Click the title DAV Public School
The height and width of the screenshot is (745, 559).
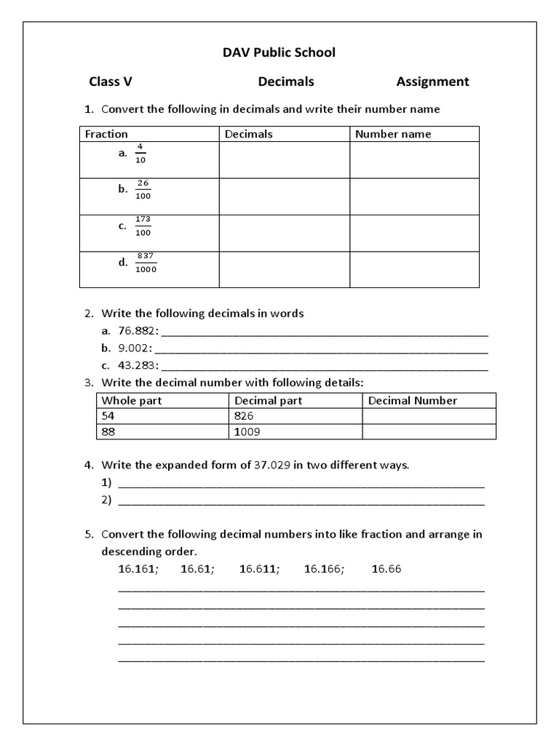279,52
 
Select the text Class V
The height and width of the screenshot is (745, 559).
111,81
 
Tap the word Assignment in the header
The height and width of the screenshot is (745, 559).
432,81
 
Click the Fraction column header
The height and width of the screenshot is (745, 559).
106,134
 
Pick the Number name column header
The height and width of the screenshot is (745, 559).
393,134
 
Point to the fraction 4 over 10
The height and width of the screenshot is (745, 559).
140,153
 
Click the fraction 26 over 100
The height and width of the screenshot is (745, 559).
143,189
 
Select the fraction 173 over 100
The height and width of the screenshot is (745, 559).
143,226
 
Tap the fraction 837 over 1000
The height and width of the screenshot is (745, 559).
146,262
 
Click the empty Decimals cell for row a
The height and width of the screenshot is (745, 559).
284,160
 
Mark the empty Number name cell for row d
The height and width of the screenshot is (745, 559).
414,269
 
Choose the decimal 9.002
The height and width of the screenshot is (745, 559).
136,348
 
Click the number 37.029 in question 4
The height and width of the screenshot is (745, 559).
272,465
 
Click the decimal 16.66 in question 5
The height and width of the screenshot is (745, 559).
386,569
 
